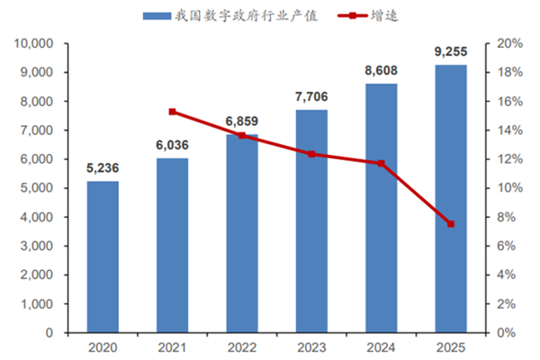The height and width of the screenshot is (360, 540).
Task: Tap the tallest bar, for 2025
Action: [450, 198]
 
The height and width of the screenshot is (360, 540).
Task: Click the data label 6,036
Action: [172, 143]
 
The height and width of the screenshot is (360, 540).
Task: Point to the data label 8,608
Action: [381, 69]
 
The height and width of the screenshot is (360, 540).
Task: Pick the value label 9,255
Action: [450, 50]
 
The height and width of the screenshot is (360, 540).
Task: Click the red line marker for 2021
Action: [173, 112]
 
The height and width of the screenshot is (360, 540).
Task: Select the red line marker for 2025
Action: [450, 223]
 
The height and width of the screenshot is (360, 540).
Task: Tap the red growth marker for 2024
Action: [381, 163]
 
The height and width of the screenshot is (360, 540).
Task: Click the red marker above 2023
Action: [311, 154]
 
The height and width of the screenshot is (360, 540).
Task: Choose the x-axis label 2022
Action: [241, 346]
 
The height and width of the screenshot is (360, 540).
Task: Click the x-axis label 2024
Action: [381, 346]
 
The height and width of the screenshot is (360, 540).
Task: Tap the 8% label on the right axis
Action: [508, 217]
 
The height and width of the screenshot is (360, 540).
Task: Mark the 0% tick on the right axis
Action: [508, 333]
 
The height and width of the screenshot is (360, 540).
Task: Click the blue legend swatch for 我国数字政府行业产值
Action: [157, 15]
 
